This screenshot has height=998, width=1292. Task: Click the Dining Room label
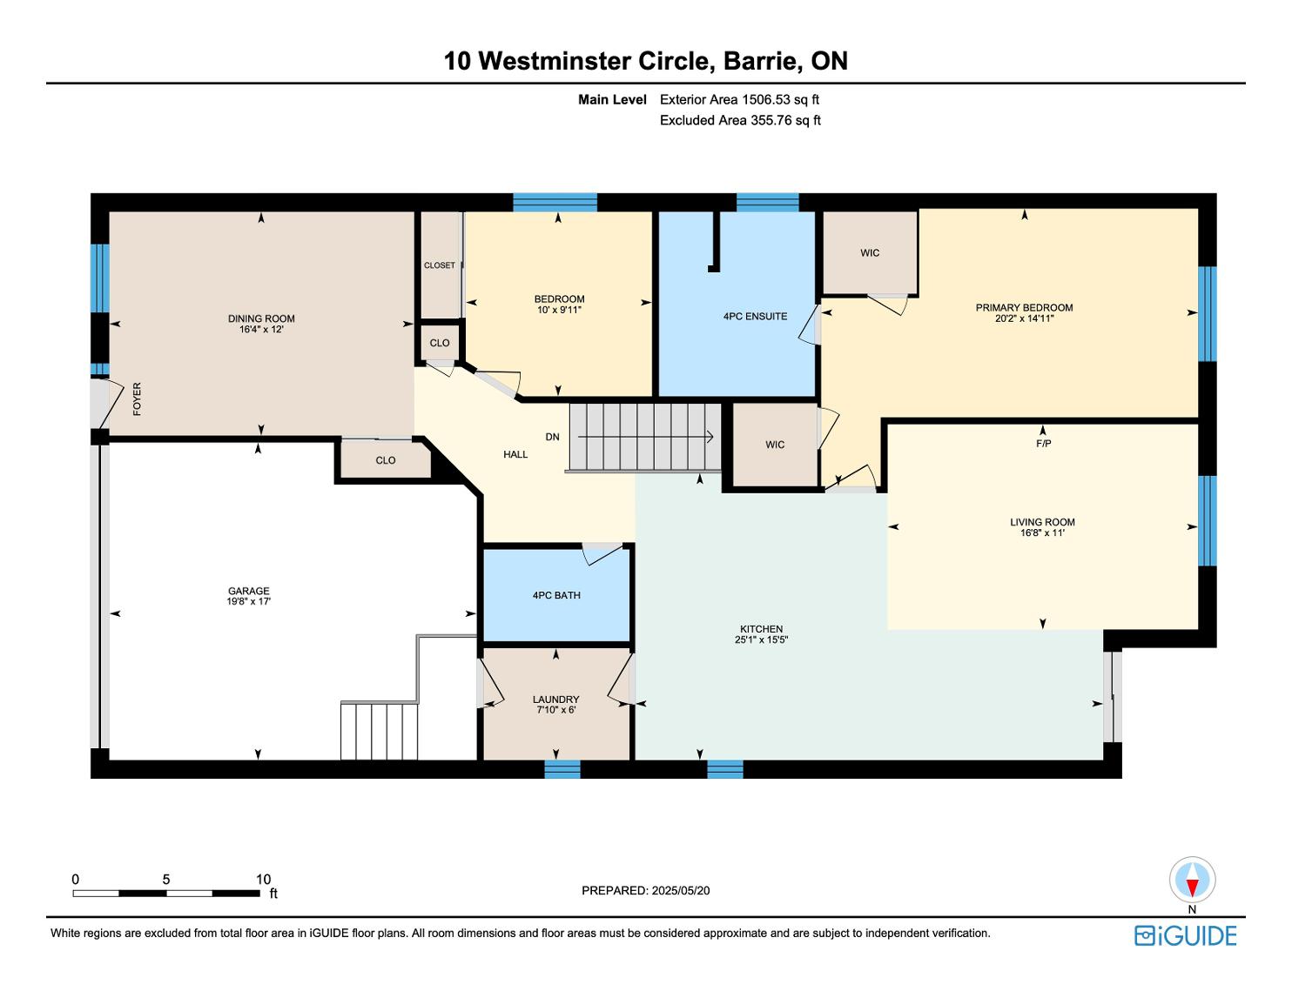(261, 318)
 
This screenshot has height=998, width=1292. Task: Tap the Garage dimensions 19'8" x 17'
(248, 601)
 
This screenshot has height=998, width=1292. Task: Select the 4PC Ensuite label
(755, 317)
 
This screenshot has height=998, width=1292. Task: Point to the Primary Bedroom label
(1024, 308)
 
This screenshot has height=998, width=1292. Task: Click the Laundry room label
(556, 700)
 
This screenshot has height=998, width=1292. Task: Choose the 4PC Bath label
(556, 595)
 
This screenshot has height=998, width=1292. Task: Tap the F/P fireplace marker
(1044, 443)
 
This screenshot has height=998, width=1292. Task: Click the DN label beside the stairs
(552, 437)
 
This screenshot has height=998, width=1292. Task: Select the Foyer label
(138, 399)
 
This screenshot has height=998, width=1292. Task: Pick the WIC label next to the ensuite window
(870, 253)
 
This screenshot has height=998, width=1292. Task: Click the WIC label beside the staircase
(775, 445)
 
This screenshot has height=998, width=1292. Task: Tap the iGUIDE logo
(1185, 935)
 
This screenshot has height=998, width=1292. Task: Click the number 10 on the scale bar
(263, 879)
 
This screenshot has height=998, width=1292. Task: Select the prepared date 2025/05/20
(680, 890)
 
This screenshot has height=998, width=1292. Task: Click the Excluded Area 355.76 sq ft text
(740, 120)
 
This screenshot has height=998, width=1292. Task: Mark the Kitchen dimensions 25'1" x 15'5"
(761, 640)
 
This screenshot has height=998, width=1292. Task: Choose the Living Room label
(1042, 522)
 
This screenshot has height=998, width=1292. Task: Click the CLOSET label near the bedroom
(440, 265)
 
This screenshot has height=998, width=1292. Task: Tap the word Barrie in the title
(760, 61)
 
